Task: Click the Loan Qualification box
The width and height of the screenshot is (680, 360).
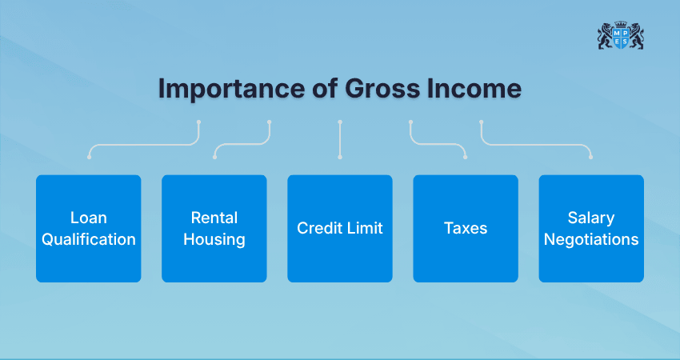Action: click(x=88, y=228)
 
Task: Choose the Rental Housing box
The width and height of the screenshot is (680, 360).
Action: click(x=214, y=228)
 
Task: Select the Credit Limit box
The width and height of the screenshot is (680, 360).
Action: click(x=339, y=228)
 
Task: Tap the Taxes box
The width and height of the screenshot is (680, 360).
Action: click(x=465, y=228)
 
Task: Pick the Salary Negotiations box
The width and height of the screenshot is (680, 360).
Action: click(x=590, y=228)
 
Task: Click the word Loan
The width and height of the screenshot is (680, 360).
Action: click(x=88, y=218)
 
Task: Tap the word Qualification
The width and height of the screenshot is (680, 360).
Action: click(x=88, y=239)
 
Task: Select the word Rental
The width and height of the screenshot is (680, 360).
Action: click(x=214, y=218)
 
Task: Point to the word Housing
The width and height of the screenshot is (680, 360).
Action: click(x=214, y=239)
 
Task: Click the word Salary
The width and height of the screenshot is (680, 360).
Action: click(x=590, y=218)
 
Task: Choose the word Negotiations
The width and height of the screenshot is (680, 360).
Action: click(x=590, y=239)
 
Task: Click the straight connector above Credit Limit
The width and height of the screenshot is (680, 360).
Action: click(x=340, y=140)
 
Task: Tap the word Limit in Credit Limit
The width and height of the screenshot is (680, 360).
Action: click(x=365, y=228)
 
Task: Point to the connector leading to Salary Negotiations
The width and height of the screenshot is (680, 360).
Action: click(x=536, y=145)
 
